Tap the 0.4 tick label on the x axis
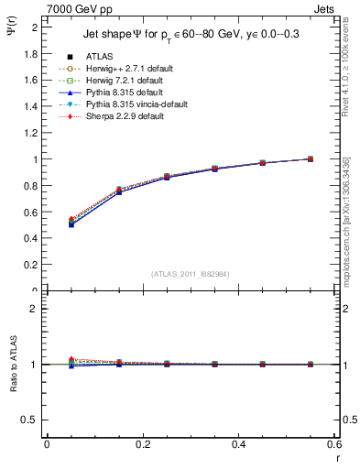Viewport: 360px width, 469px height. (238, 446)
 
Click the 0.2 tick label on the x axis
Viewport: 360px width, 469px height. (142, 446)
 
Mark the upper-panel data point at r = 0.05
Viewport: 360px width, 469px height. (71, 223)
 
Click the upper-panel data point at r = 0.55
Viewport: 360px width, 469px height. (310, 158)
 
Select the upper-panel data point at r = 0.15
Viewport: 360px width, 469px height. (119, 191)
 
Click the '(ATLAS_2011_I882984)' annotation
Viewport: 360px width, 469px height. (191, 274)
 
